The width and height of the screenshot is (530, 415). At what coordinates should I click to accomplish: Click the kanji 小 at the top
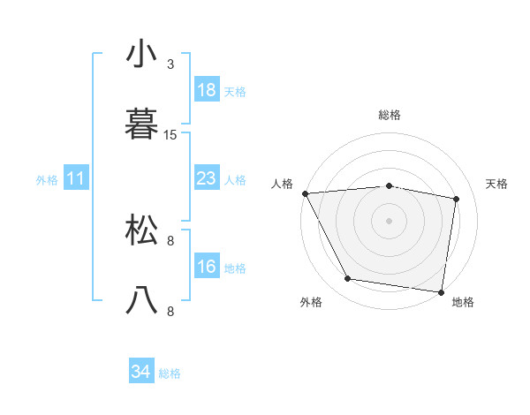(x=142, y=55)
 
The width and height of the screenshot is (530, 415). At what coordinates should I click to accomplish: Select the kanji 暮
(x=142, y=124)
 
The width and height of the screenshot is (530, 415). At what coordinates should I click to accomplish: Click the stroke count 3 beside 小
(x=170, y=64)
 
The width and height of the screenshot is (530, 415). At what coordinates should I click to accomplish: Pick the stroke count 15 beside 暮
(x=170, y=135)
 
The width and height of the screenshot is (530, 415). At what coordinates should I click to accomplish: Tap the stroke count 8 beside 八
(x=170, y=311)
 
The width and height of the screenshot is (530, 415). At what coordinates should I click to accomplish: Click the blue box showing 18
(x=207, y=90)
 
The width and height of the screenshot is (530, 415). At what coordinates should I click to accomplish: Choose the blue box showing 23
(x=207, y=178)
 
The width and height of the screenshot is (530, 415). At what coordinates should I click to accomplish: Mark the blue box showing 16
(x=207, y=267)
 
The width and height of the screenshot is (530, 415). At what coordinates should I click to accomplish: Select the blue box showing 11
(x=76, y=178)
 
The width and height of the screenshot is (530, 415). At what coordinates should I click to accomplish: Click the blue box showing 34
(x=141, y=373)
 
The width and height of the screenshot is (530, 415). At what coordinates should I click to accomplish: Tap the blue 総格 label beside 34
(x=170, y=373)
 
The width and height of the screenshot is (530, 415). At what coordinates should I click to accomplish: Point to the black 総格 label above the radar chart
(x=390, y=115)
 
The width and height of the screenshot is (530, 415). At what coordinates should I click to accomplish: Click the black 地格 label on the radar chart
(x=463, y=302)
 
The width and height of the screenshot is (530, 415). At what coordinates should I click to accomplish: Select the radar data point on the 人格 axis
(x=305, y=193)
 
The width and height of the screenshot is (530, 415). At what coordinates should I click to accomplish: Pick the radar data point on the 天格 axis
(x=457, y=199)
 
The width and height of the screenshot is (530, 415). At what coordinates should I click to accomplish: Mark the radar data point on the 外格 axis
(x=348, y=279)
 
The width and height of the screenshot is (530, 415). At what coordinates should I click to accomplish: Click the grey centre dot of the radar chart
(x=390, y=221)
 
